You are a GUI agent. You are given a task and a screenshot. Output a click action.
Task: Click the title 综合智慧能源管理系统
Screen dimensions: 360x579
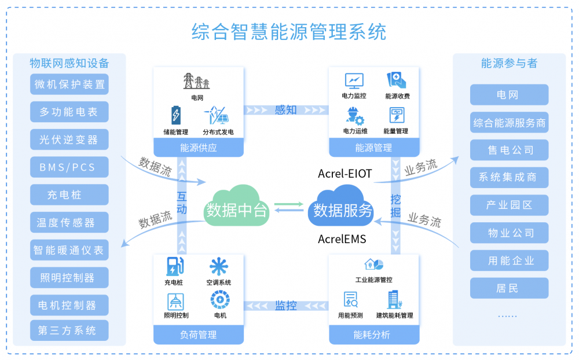289,31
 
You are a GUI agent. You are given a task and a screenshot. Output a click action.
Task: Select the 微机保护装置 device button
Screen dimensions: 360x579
69,85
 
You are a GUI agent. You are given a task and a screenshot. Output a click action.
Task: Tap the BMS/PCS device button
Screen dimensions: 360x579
69,167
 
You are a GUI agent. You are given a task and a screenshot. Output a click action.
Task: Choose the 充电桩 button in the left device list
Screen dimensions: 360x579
69,195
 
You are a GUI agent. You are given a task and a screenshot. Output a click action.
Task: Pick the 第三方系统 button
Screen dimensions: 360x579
69,330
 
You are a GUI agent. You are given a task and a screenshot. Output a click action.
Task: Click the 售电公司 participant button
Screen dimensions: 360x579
509,150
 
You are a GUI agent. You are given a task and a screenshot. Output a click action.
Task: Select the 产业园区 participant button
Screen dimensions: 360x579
509,205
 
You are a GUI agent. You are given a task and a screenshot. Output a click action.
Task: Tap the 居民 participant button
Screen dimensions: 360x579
509,288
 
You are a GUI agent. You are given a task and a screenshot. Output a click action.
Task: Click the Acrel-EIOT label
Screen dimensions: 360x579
345,174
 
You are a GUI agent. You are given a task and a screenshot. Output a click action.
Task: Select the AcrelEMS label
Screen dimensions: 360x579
342,239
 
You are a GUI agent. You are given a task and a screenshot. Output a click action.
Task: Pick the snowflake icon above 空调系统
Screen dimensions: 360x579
218,267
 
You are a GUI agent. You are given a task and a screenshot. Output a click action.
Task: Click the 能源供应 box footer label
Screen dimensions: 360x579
199,148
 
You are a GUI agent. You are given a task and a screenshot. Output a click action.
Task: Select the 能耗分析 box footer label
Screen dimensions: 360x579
373,335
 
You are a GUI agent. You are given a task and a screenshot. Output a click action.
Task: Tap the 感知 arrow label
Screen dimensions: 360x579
285,109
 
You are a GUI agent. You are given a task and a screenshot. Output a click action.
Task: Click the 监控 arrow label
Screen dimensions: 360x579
286,305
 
